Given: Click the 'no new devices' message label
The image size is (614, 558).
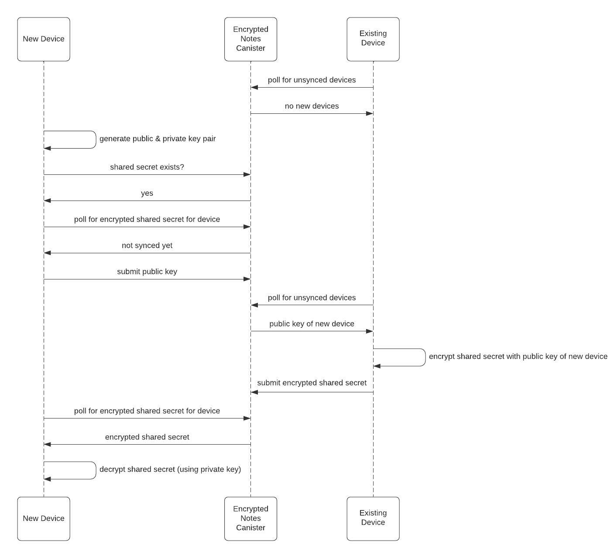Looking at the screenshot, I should [x=312, y=106].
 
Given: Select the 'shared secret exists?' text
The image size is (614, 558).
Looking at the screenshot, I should [x=147, y=167].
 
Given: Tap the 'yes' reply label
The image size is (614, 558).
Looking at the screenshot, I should [x=147, y=193].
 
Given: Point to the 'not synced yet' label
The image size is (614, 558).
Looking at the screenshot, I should [x=147, y=245].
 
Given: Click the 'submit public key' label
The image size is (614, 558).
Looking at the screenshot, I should [x=147, y=272].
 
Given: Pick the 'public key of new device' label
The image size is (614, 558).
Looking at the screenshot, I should [x=312, y=324].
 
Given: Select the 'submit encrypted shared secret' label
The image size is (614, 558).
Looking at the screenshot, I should [x=312, y=383].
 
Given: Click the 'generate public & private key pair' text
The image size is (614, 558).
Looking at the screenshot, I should [x=158, y=139].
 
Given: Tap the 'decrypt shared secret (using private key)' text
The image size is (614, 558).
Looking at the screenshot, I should [x=170, y=470].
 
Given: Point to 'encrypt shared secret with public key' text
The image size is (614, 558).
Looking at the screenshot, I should [x=518, y=357].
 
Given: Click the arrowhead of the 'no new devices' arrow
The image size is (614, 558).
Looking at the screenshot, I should [x=370, y=113].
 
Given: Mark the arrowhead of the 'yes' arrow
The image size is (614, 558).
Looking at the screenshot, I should [x=48, y=201].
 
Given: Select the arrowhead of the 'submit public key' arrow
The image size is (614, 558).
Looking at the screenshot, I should [x=247, y=279].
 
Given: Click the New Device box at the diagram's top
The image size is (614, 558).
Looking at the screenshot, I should [x=44, y=39].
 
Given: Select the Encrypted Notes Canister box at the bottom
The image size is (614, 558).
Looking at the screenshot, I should [x=250, y=518].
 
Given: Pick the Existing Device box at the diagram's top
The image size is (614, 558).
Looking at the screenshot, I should [x=373, y=39].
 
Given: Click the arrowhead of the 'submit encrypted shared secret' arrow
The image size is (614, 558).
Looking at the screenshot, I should [x=254, y=392].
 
